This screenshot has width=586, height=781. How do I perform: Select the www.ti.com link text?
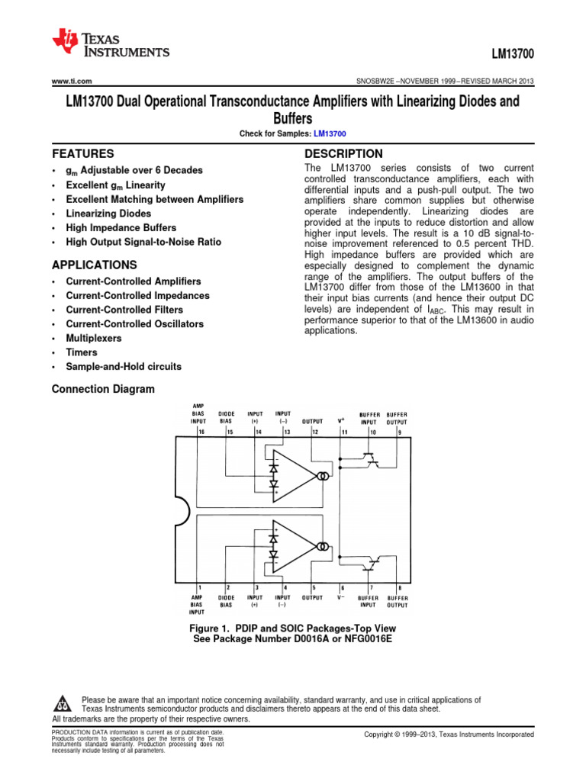pos(71,81)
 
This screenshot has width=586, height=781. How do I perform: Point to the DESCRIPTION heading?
pos(343,153)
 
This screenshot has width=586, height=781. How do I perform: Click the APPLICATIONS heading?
pos(95,265)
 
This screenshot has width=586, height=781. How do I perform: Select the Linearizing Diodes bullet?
pos(108,214)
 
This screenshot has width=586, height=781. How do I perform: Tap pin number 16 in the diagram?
pos(201,432)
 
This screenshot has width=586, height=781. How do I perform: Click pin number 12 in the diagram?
pos(314,432)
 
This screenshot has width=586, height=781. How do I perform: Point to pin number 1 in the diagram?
pos(200,587)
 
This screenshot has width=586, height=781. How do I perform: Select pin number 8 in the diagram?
pos(399,587)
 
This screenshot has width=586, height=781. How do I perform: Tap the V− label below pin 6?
pos(342,598)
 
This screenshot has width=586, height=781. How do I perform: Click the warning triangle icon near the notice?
pos(64,702)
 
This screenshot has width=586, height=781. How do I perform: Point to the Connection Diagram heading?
pos(102,389)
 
